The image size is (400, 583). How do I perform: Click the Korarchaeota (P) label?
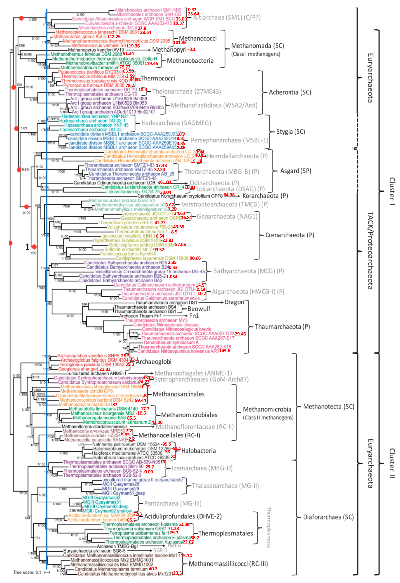265,196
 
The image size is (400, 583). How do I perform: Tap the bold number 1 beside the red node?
27,247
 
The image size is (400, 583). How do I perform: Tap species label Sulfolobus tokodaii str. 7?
128,249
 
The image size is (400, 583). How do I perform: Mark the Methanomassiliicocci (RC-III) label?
228,564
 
